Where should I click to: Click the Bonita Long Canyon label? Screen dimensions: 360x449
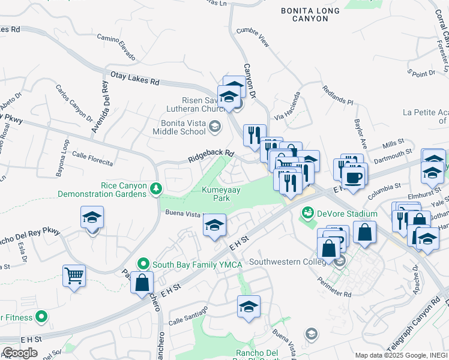[x=310, y=14]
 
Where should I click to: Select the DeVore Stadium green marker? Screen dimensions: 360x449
[x=308, y=213]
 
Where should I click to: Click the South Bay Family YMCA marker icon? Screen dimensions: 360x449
[x=143, y=263]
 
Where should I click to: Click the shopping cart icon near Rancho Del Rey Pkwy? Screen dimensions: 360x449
[x=74, y=275]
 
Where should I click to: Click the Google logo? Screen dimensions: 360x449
[x=20, y=353]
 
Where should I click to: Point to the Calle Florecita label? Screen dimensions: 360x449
[x=92, y=159]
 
